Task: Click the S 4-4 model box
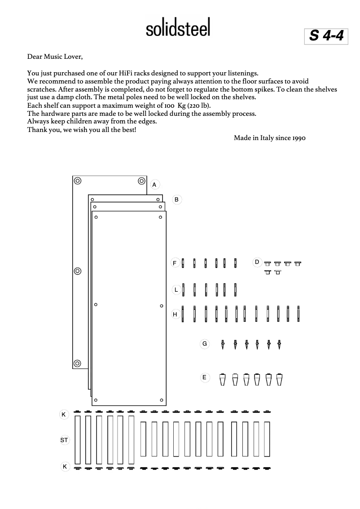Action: [x=326, y=35]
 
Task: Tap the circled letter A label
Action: [x=154, y=184]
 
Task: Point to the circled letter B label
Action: [x=177, y=199]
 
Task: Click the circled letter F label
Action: [x=175, y=263]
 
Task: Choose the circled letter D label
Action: [x=257, y=262]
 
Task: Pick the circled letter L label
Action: [x=176, y=290]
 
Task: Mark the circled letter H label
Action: [x=175, y=315]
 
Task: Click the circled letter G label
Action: [x=204, y=344]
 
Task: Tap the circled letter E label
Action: [x=204, y=377]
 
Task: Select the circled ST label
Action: [x=64, y=440]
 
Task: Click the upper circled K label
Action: [x=64, y=415]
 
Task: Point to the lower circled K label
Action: [x=65, y=467]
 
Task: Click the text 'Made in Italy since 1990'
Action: [x=269, y=138]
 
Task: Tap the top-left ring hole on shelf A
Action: [x=78, y=181]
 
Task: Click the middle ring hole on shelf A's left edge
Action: [x=77, y=271]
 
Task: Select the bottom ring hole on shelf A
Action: [x=77, y=363]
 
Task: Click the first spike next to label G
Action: [x=223, y=345]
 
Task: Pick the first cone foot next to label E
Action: [x=222, y=379]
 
